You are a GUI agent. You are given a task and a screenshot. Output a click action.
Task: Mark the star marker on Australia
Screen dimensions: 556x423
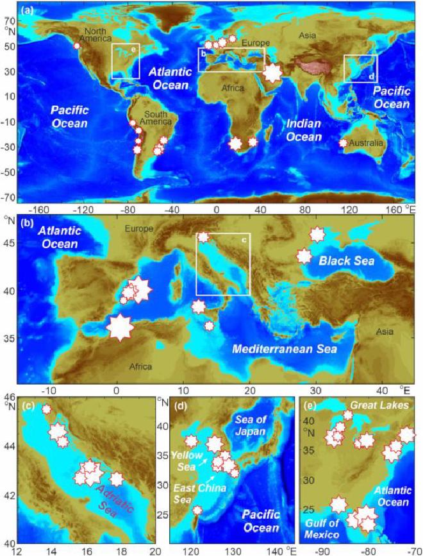[x=343, y=144]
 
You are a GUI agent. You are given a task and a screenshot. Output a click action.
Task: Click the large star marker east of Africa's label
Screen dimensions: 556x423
[x=272, y=72]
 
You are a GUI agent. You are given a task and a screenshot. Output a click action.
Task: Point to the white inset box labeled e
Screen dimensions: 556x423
[x=126, y=61]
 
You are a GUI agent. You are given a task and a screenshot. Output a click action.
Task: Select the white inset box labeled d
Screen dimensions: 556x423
[x=360, y=68]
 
